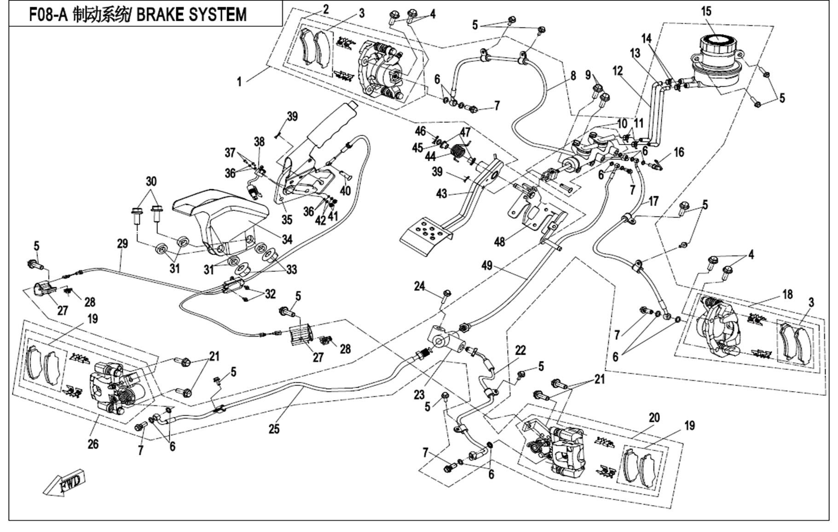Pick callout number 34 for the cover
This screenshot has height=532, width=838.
coord(287,239)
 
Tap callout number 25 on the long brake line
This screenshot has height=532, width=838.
coord(274,429)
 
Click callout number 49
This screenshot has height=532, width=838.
coord(487,266)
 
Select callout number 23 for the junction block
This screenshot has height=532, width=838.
coord(419,395)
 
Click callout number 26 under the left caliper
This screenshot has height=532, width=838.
coord(93,444)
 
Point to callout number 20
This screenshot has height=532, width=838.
coord(654,418)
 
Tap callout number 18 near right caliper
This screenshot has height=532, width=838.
coord(787,294)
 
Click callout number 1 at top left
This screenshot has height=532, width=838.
coord(239,82)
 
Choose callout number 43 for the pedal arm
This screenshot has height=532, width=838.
coord(441,194)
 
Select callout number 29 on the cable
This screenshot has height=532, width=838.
coord(122,244)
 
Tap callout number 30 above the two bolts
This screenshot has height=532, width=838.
coord(150,181)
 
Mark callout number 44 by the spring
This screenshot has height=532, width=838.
coord(430,157)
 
